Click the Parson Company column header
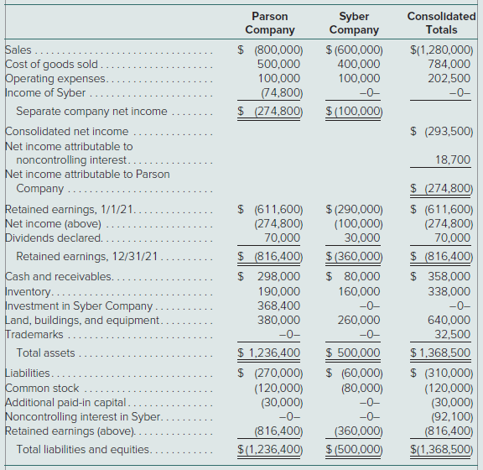click(x=270, y=23)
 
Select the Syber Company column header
click(x=354, y=23)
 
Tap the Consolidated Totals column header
click(x=441, y=23)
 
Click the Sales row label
click(x=18, y=50)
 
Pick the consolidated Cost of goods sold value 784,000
click(x=449, y=64)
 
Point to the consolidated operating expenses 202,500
click(x=449, y=78)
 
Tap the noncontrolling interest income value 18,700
click(x=453, y=159)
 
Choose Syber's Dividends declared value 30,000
click(x=362, y=238)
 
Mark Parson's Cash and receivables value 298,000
click(x=278, y=276)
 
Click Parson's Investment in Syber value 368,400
click(x=278, y=305)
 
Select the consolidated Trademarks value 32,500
click(x=453, y=334)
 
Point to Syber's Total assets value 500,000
click(x=353, y=352)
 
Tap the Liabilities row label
click(x=28, y=373)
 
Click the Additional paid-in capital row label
click(x=65, y=403)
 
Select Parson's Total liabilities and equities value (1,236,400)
click(x=270, y=449)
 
